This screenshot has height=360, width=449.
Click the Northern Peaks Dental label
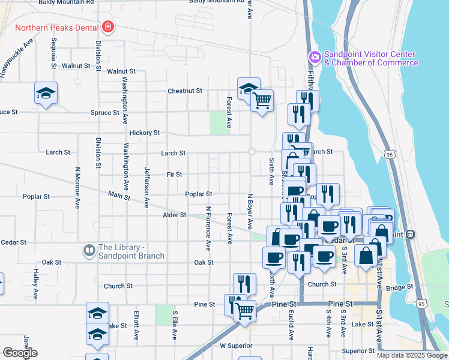pos(58,28)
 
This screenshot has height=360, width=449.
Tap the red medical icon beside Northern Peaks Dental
pos(108,27)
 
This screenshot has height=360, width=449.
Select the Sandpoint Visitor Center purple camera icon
pos(315,58)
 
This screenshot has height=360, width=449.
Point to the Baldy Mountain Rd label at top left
pos(66,2)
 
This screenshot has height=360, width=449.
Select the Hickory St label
pos(144,133)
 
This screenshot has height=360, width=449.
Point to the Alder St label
pos(175,215)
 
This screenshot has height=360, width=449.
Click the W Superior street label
pos(234,346)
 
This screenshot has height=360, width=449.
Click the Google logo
pos(20,353)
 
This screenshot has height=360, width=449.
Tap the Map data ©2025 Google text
pos(411,355)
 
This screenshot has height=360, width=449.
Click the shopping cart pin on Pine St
pos(244,311)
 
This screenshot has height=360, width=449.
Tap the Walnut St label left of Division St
pos(76,65)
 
